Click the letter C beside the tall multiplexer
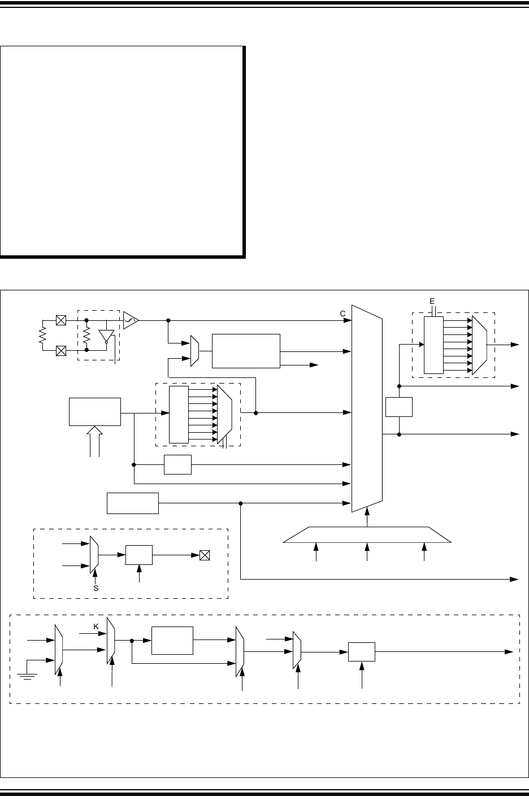[342, 313]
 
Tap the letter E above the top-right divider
[432, 301]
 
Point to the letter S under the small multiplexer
[95, 588]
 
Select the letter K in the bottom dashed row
[96, 627]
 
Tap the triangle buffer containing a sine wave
[131, 320]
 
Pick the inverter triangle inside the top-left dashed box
[105, 336]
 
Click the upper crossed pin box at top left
[61, 320]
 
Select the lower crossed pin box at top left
[61, 350]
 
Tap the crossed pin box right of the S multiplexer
[205, 555]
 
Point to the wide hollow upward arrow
[95, 440]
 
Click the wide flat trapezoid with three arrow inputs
[367, 534]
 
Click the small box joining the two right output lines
[399, 407]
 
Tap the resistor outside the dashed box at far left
[42, 336]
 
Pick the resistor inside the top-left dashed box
[86, 336]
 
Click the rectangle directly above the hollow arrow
[95, 411]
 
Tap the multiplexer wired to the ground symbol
[58, 650]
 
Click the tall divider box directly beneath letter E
[433, 345]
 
